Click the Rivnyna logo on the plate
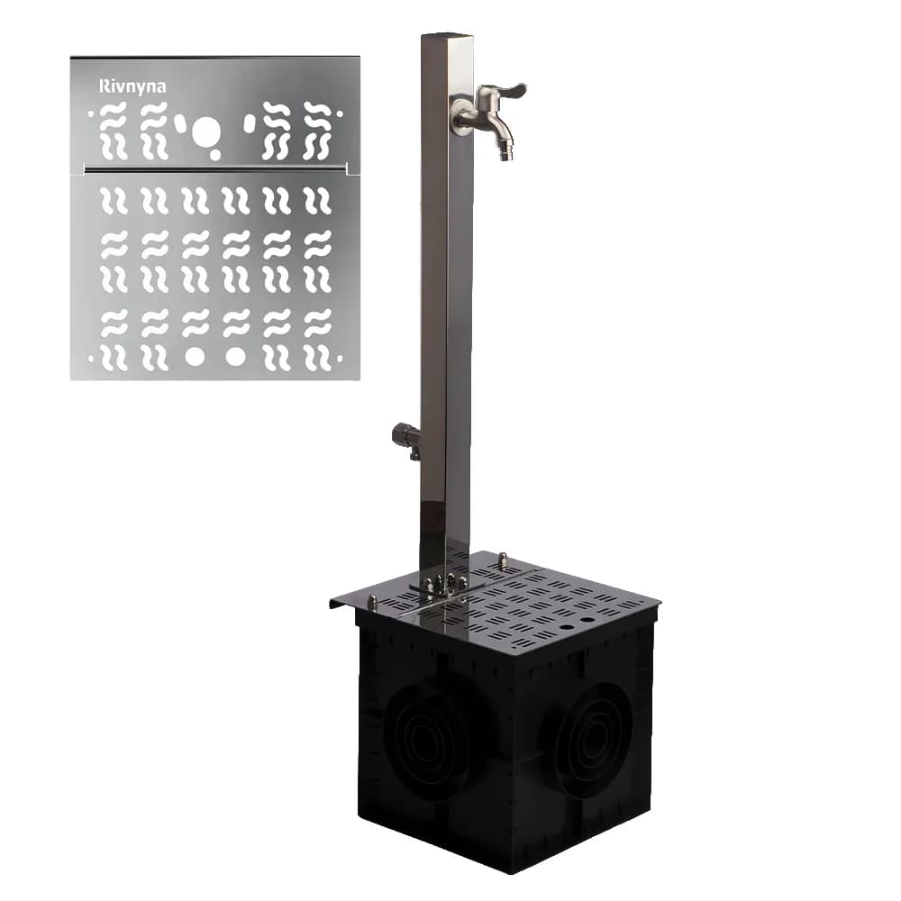coord(132,86)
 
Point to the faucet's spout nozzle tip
coord(505,155)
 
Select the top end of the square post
coord(447,36)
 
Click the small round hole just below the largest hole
coord(215,154)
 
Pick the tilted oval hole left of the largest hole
coord(181,123)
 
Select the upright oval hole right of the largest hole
coord(250,123)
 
